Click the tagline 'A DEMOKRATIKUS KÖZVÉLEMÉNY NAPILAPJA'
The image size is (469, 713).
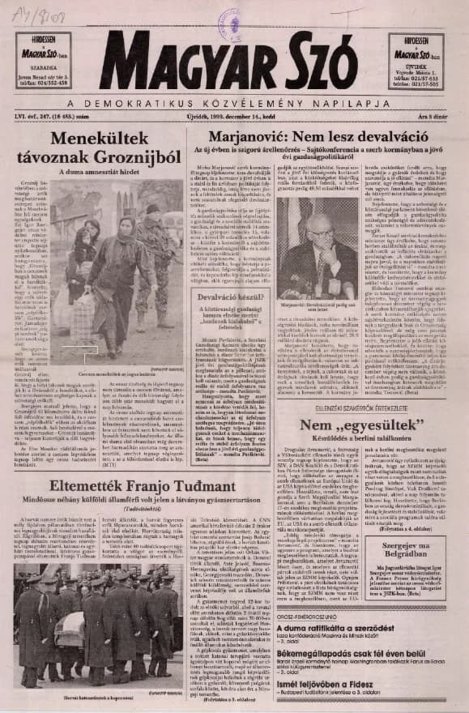(234, 104)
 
